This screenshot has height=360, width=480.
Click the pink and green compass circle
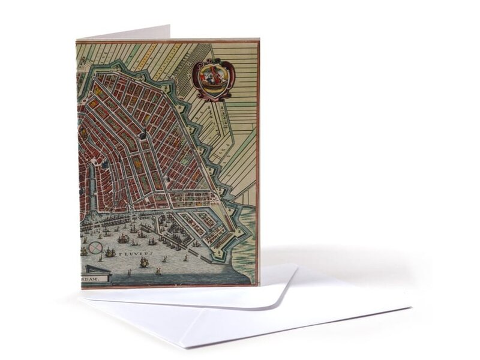point(95,247)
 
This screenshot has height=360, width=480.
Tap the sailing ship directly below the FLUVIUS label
point(144,262)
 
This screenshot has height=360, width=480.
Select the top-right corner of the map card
point(259,40)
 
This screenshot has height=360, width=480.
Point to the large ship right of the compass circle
point(110,253)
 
